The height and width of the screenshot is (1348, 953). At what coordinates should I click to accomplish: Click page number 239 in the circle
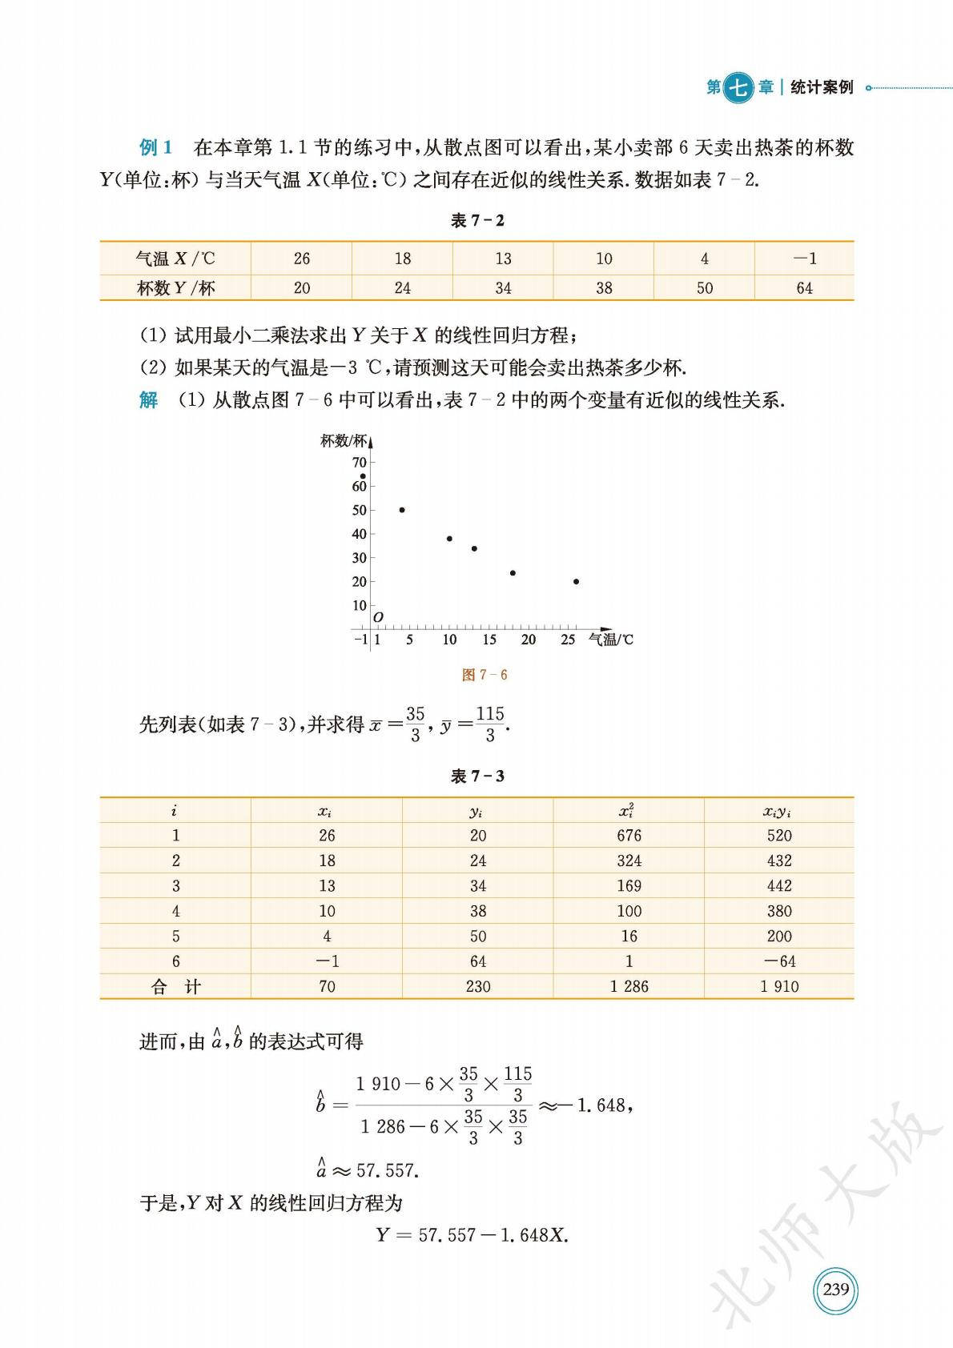835,1290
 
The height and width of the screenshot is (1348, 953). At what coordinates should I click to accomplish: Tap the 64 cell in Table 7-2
804,288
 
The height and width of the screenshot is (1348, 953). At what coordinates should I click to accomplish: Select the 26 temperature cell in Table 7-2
301,259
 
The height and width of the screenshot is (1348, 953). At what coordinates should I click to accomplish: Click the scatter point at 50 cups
401,510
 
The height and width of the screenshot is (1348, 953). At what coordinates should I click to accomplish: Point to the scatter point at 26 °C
576,582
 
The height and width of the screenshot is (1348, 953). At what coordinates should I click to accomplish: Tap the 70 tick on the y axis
360,463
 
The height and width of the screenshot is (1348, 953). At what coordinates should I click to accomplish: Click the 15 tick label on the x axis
489,640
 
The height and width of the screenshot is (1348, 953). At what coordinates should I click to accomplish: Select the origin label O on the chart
379,617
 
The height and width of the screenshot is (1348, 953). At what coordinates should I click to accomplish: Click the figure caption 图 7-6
485,675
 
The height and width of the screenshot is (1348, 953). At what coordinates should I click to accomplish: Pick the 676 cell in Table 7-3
629,836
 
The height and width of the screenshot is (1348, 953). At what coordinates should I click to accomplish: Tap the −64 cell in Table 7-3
778,961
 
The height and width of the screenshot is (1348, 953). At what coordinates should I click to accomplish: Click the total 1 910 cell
778,987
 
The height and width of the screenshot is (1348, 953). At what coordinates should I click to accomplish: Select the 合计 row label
175,987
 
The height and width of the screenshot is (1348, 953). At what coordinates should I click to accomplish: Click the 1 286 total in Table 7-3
629,987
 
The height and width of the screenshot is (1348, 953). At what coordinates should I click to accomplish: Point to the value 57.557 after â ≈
388,1171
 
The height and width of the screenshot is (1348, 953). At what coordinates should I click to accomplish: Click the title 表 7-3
477,776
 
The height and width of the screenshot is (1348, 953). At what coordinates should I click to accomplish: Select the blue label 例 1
156,147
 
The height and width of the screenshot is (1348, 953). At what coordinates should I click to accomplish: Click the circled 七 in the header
738,87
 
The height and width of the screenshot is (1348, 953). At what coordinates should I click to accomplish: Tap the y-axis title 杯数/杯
344,441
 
